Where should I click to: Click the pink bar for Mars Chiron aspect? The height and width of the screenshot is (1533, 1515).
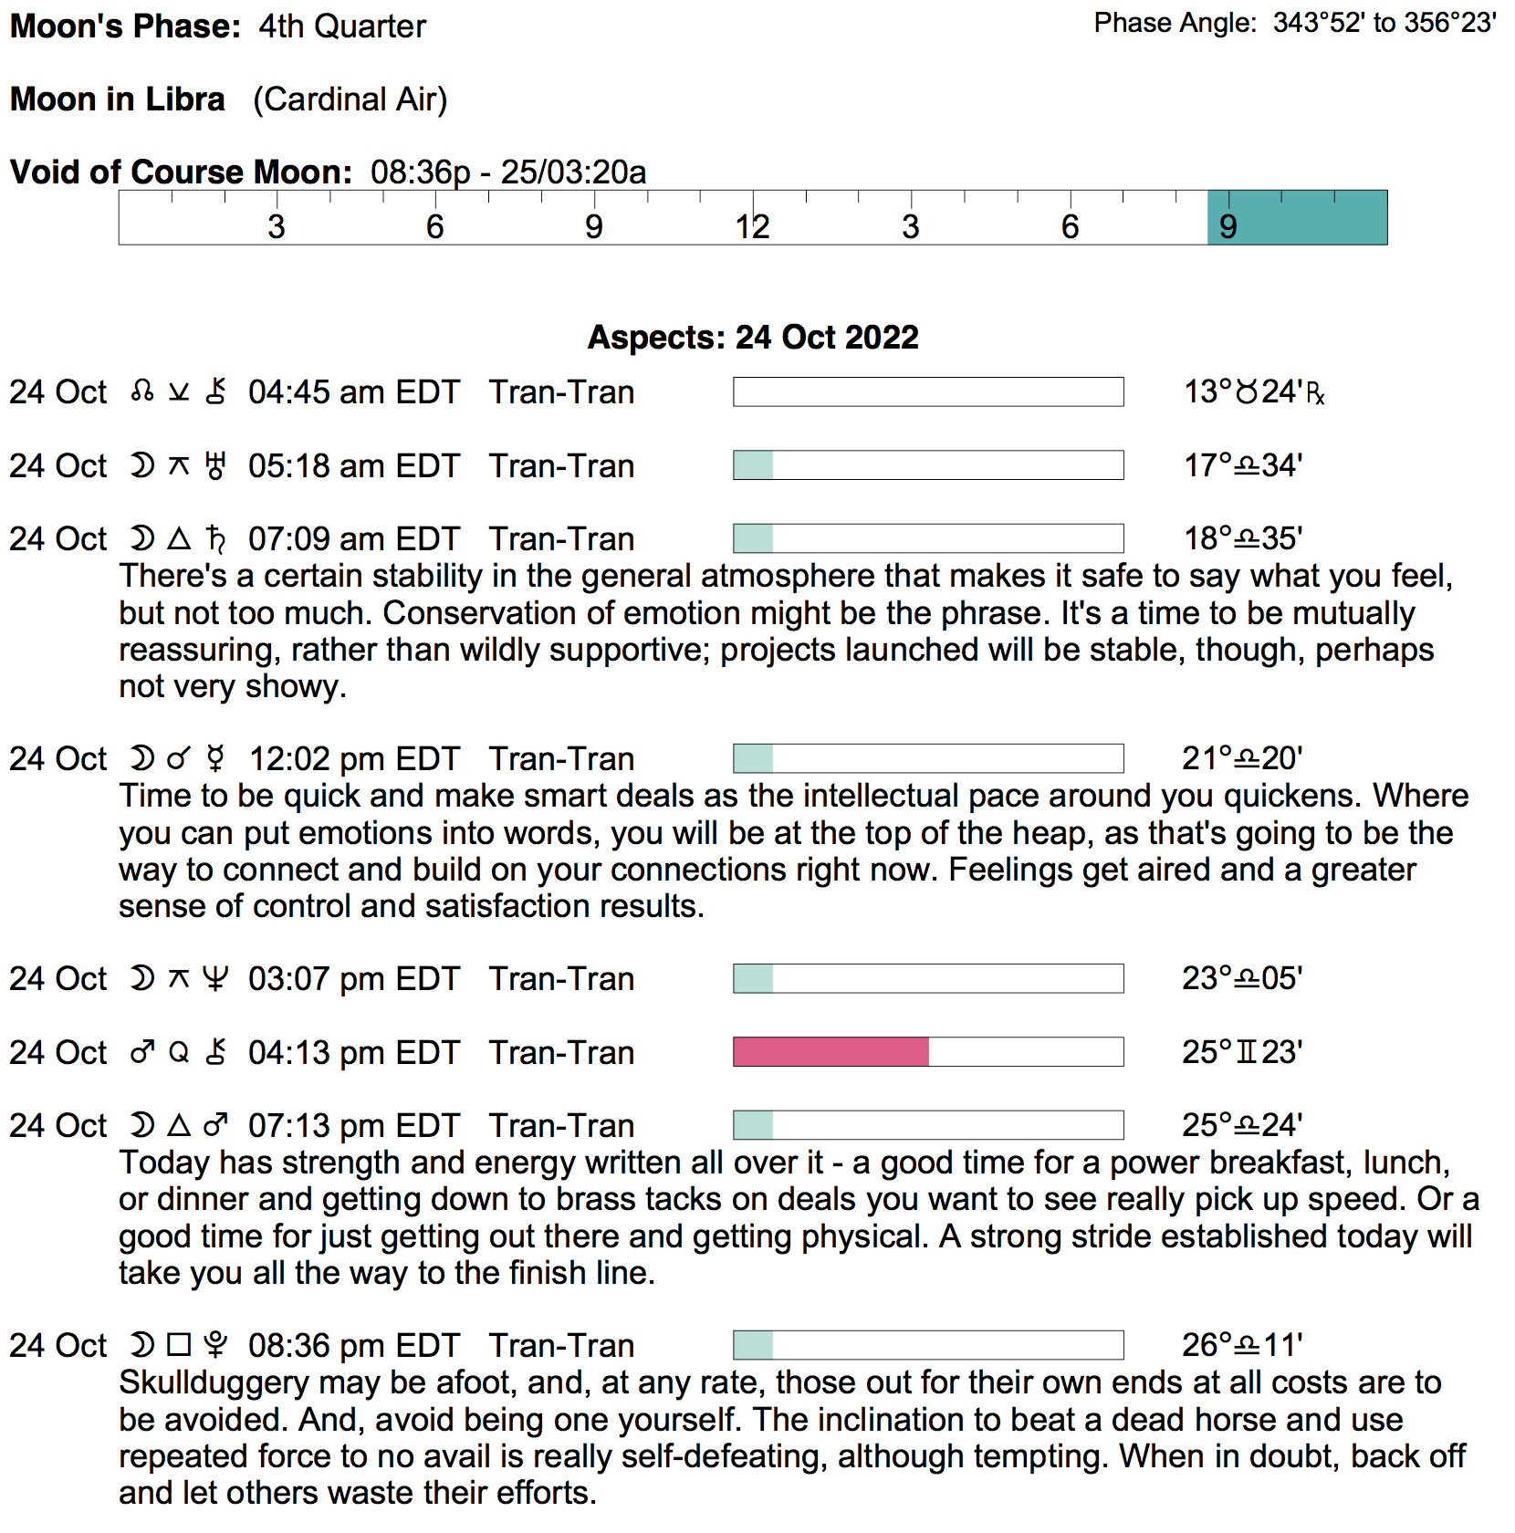click(x=831, y=1051)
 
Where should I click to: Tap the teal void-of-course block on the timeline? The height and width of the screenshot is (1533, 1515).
click(x=1297, y=218)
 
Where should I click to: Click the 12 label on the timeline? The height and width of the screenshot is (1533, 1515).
click(x=752, y=226)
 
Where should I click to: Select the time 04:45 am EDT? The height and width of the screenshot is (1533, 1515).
click(x=353, y=392)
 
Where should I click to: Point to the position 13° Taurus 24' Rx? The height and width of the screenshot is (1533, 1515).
click(x=1253, y=392)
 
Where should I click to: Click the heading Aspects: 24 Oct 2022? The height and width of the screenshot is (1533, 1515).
click(x=753, y=338)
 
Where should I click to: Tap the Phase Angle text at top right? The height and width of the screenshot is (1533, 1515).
click(x=1294, y=23)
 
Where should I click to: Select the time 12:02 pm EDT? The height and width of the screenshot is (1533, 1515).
click(x=353, y=759)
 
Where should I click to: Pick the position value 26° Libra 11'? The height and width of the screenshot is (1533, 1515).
click(x=1241, y=1345)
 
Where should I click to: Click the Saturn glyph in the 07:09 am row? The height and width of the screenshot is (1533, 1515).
click(x=215, y=539)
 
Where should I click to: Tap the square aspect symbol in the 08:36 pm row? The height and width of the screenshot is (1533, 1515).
click(x=179, y=1345)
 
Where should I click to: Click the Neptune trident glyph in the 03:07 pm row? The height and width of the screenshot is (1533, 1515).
click(x=215, y=979)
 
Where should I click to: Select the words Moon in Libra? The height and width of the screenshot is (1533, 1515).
click(x=117, y=99)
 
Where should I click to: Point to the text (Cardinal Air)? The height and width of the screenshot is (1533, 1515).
click(x=350, y=99)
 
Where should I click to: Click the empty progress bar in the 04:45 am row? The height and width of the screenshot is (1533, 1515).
click(x=928, y=392)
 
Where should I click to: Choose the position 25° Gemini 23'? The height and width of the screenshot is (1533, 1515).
click(x=1241, y=1052)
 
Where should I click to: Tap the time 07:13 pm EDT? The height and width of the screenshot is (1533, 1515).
click(x=353, y=1126)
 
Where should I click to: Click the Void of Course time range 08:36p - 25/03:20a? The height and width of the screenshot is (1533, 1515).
click(x=508, y=172)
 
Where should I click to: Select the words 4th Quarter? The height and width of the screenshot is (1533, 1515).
click(x=342, y=26)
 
